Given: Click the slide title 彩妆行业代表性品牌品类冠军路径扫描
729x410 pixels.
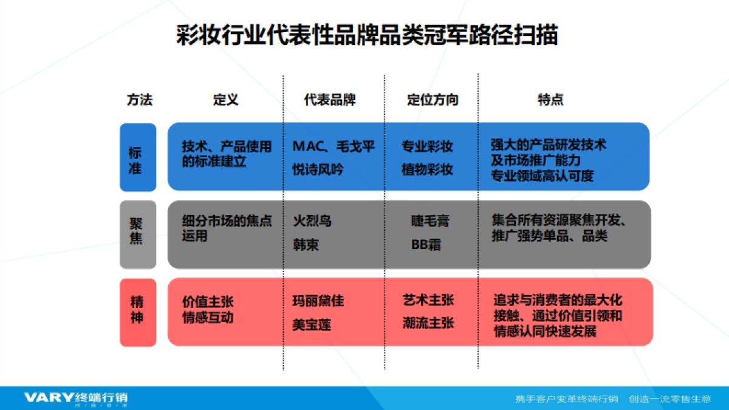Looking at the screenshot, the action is coord(367,35).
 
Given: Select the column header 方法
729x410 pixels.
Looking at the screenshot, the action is coord(140,100).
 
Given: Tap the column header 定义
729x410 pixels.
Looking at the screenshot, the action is coord(225,100).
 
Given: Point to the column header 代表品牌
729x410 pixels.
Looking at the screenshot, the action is coord(330,100).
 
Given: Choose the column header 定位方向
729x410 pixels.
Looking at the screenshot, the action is coord(433,100).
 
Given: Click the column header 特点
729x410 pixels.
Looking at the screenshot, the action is coord(550,100).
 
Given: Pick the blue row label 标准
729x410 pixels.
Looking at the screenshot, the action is coord(135,160).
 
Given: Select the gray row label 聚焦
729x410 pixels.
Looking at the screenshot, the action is coord(136,231).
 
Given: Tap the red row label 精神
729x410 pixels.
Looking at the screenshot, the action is coord(137,309).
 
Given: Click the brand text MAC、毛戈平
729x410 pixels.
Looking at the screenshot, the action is coord(334,146).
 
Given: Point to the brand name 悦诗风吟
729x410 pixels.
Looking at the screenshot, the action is coord(318,169).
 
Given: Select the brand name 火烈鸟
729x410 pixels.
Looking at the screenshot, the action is coord(312,221).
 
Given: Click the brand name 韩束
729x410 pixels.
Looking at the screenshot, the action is coord(306,245).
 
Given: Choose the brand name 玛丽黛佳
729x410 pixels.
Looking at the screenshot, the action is coord(318,301).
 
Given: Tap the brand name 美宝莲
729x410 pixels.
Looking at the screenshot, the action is coord(312,325).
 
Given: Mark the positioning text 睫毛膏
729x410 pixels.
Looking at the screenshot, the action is coord(430,221).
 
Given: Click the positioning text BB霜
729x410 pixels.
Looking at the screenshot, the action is coord(426,245).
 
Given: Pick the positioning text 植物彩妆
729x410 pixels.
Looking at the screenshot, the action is coord(427,169).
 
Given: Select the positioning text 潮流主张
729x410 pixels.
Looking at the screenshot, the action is coord(428,323).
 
